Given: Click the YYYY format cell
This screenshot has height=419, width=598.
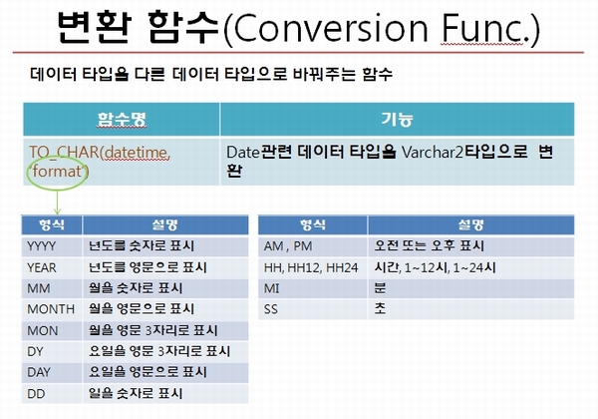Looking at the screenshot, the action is pos(52,246).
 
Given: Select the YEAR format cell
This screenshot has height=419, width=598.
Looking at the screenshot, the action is pos(52,267).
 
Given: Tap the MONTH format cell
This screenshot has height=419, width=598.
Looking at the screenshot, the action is pos(52,309).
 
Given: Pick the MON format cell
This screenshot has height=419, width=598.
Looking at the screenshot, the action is pos(52,330).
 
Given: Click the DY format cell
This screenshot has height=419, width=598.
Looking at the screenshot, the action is pos(52,351).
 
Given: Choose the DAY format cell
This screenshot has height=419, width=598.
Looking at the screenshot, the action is pos(52,372).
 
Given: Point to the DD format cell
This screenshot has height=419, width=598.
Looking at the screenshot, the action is pos(52,393).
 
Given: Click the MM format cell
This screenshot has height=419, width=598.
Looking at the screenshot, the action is pos(52,288).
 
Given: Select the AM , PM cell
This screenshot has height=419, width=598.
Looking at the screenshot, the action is pos(312,246).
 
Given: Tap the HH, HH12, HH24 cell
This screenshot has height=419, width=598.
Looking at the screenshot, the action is pos(312,267).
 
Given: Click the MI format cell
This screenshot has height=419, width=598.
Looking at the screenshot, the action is pos(312,288).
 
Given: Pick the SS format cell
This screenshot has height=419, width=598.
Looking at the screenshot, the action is pos(312,309).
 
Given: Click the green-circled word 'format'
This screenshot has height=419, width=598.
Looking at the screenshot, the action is pos(57,171).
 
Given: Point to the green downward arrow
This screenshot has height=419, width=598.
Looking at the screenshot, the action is pos(57,203).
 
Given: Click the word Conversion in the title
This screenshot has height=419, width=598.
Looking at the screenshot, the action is pos(331,29).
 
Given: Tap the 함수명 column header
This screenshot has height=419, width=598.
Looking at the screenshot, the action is pos(122,119).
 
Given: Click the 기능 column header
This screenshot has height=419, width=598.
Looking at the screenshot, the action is pos(397,119).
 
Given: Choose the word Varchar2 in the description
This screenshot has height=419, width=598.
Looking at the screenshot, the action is pos(433,153).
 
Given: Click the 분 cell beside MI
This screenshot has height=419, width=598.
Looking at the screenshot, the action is pos(380,288).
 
